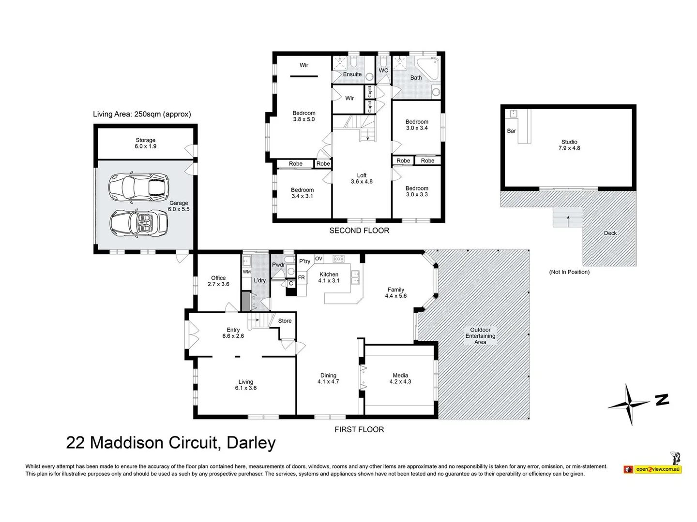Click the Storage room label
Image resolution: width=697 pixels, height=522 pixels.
pyautogui.click(x=145, y=143)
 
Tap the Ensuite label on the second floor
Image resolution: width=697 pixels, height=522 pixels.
pyautogui.click(x=352, y=74)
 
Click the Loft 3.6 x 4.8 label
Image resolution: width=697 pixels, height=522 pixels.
pyautogui.click(x=362, y=178)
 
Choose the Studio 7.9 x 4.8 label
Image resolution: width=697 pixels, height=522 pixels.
pyautogui.click(x=569, y=145)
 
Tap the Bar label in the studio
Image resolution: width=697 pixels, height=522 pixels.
pyautogui.click(x=511, y=131)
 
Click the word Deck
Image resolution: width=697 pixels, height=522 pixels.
pyautogui.click(x=610, y=233)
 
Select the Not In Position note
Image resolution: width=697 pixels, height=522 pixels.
pyautogui.click(x=569, y=272)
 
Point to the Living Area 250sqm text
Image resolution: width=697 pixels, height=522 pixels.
pyautogui.click(x=142, y=114)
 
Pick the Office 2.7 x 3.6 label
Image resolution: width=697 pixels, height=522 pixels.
pyautogui.click(x=218, y=281)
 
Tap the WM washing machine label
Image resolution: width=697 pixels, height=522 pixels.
pyautogui.click(x=247, y=272)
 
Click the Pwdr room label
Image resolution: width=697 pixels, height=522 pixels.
pyautogui.click(x=278, y=265)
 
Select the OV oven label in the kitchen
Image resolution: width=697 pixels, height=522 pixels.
pyautogui.click(x=318, y=258)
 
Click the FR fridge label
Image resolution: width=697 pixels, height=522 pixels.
pyautogui.click(x=301, y=277)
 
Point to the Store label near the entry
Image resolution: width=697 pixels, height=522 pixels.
pyautogui.click(x=285, y=321)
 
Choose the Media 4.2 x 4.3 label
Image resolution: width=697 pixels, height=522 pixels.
pyautogui.click(x=400, y=378)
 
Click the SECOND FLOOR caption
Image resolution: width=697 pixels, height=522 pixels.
pyautogui.click(x=359, y=231)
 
